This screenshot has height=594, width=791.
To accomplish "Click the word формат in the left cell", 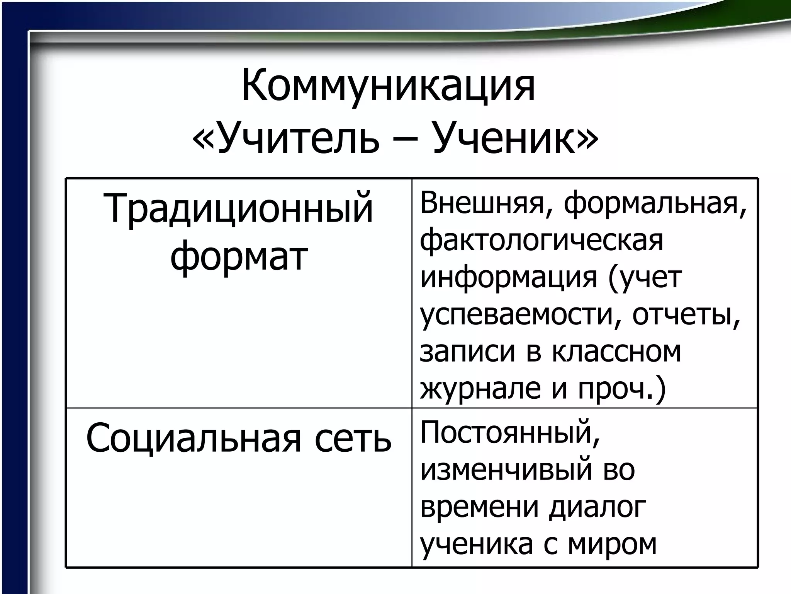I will coord(239,256).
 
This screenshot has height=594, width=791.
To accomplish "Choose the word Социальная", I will coord(193,440).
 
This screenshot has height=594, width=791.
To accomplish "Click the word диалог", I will coord(597,508).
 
